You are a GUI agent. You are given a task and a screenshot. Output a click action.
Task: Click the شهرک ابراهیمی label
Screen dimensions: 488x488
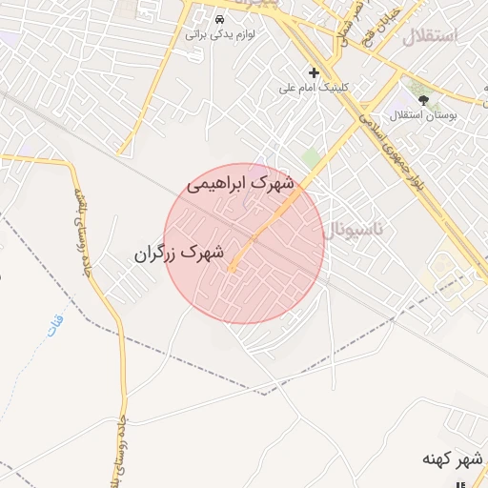(240, 181)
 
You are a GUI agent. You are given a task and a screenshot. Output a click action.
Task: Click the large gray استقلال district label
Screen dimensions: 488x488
(430, 37)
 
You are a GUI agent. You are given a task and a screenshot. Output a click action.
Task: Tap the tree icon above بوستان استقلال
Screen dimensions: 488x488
(423, 99)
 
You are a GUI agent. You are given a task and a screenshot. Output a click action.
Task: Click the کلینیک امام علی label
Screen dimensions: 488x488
(314, 87)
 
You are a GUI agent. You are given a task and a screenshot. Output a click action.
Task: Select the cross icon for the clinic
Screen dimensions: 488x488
(314, 72)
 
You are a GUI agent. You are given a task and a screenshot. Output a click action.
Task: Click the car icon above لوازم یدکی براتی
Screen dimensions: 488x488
(220, 20)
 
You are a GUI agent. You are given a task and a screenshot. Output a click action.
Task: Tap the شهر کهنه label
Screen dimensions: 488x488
(453, 460)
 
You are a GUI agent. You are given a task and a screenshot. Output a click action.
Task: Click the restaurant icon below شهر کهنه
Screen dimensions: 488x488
(461, 478)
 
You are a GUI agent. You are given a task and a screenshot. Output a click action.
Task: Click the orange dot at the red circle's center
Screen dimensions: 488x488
(231, 270)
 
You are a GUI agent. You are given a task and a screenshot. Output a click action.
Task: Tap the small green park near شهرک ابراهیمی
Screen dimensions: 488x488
(311, 157)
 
